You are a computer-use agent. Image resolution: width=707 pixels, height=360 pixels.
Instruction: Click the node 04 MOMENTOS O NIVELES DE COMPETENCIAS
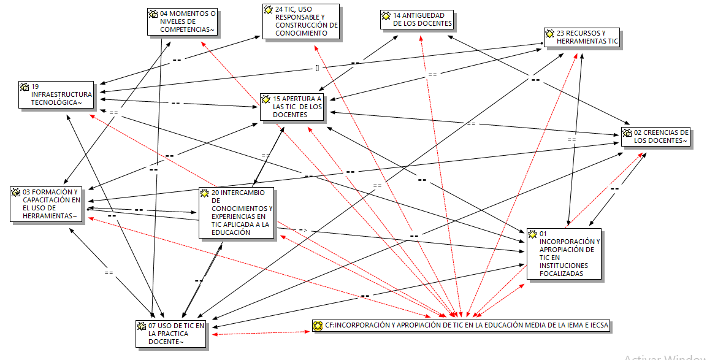point(183,21)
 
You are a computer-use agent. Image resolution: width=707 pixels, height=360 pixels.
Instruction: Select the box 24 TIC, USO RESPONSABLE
point(301,21)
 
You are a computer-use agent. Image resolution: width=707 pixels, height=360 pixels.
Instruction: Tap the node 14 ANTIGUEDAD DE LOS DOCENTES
point(417,20)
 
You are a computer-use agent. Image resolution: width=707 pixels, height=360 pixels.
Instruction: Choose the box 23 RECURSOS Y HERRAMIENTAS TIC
point(581,37)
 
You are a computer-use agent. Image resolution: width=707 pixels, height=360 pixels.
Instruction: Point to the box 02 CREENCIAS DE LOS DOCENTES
point(655,136)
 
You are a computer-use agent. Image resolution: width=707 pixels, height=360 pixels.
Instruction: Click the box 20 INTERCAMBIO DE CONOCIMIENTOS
point(237,212)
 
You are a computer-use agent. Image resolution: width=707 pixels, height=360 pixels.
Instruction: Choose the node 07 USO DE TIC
point(171,334)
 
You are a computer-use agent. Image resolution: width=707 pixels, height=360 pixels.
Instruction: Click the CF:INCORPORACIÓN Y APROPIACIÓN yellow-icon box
point(461,326)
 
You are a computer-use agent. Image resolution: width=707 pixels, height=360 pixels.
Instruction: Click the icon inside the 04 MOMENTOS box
point(153,13)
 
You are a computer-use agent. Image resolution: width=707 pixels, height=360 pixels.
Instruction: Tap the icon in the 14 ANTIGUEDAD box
point(386,15)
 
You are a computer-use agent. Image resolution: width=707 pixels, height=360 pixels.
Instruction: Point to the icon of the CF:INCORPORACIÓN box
point(318,326)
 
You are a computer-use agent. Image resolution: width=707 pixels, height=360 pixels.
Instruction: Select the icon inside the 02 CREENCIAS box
point(627,132)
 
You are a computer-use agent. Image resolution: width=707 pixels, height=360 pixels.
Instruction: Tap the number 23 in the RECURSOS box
point(560,33)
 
